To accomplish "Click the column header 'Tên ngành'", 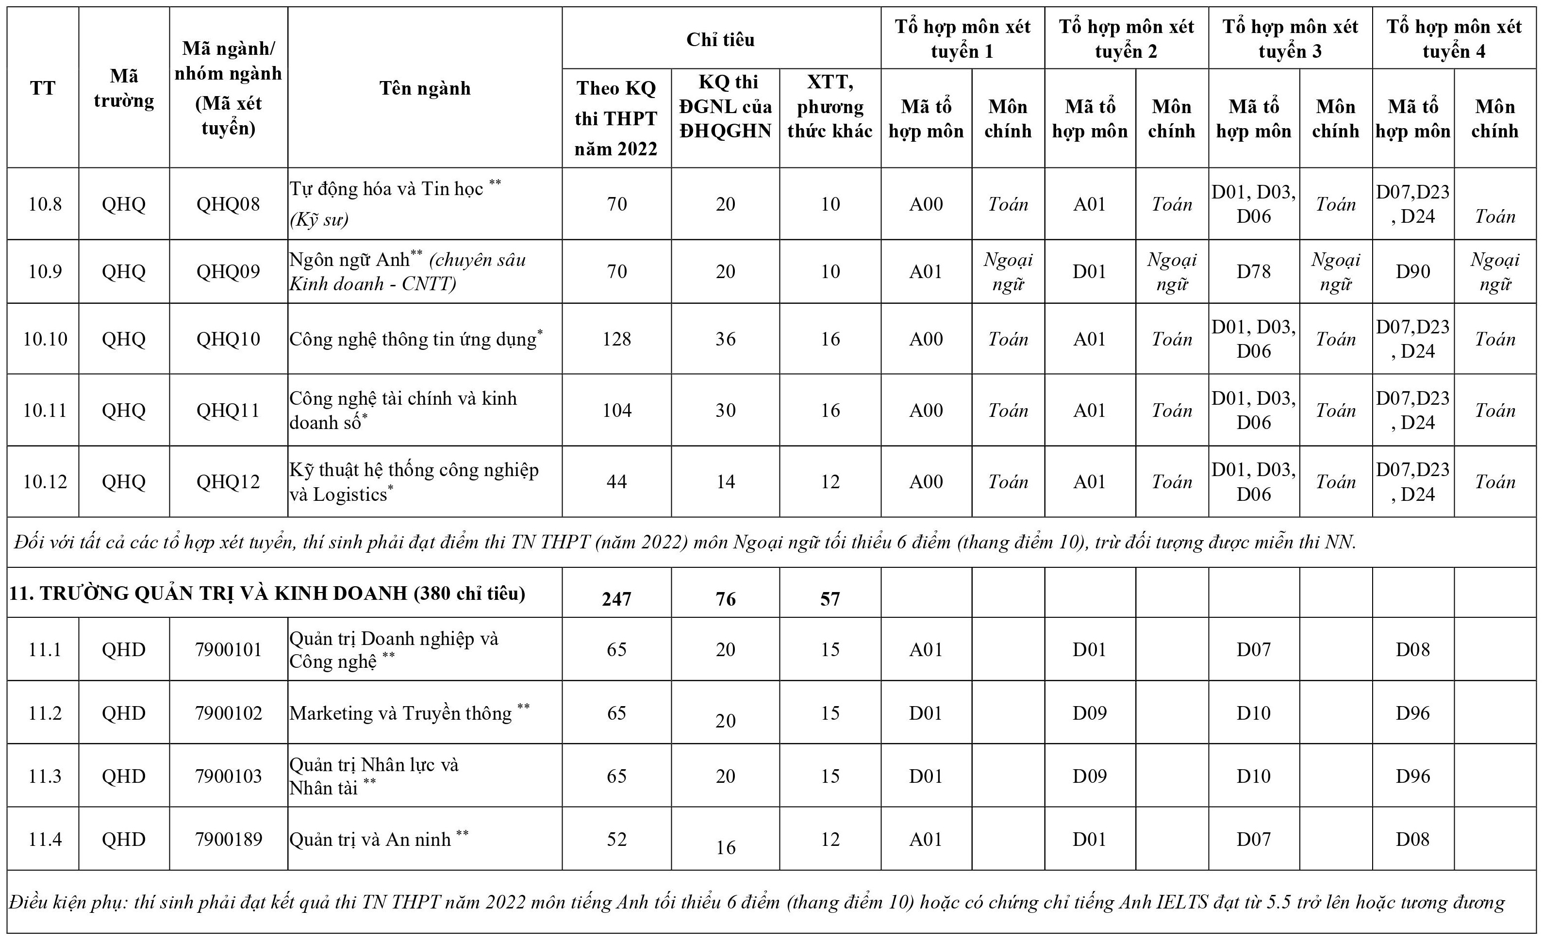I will (x=425, y=88).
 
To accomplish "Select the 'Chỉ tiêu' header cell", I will (x=720, y=39).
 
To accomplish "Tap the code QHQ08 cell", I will (x=228, y=204).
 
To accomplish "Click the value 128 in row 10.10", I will (x=616, y=339).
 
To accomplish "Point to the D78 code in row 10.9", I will (x=1253, y=272).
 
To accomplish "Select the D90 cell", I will (x=1413, y=272).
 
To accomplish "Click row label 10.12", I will (x=45, y=481).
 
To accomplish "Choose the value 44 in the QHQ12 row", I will (x=616, y=481).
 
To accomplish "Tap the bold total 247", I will (x=616, y=599).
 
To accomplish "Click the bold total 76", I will (x=725, y=599).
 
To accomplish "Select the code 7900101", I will (x=228, y=649).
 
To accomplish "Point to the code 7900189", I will (x=228, y=839).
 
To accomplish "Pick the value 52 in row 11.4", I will (x=616, y=839).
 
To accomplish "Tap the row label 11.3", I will (x=45, y=776).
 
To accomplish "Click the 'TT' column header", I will (x=43, y=88).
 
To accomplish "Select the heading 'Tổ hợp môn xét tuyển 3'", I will (x=1290, y=39).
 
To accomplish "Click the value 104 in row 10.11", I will (x=616, y=410).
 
